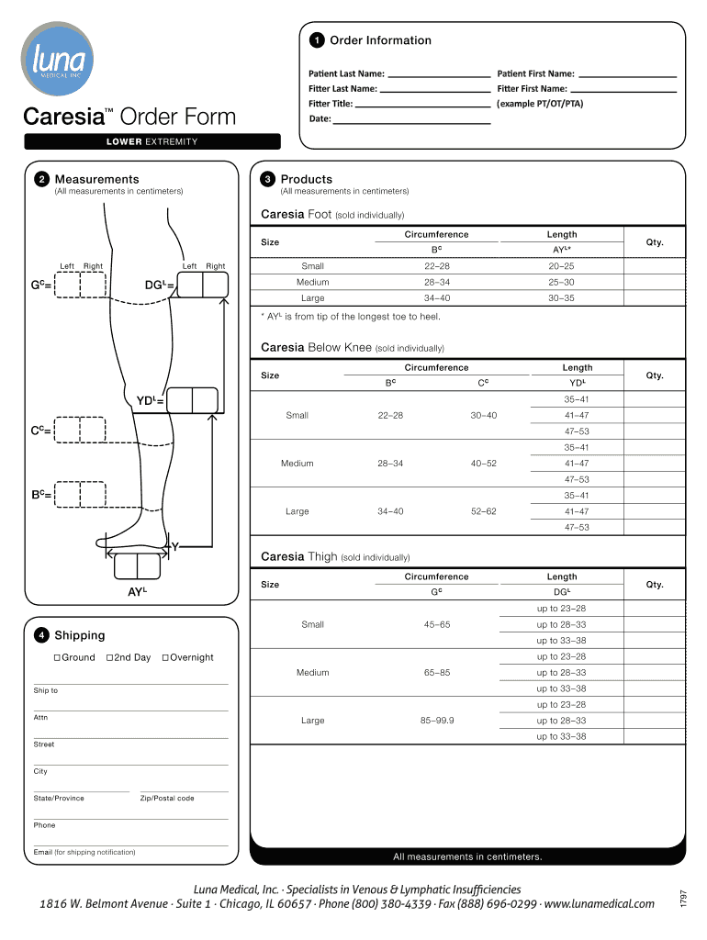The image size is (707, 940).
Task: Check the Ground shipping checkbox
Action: click(57, 657)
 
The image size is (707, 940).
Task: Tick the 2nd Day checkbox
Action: click(110, 657)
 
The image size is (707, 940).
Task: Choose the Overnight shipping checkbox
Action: click(165, 657)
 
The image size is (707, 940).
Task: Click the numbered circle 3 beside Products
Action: click(267, 180)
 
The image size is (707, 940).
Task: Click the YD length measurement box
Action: click(193, 400)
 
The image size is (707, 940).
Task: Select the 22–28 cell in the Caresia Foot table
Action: click(436, 266)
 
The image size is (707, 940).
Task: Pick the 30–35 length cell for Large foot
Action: click(561, 298)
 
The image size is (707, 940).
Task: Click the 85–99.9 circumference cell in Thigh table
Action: click(436, 721)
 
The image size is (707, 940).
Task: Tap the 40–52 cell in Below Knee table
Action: click(483, 464)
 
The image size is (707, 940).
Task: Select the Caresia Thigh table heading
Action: click(299, 556)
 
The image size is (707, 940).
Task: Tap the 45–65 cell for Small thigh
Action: click(436, 624)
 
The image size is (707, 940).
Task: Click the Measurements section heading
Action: click(96, 179)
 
